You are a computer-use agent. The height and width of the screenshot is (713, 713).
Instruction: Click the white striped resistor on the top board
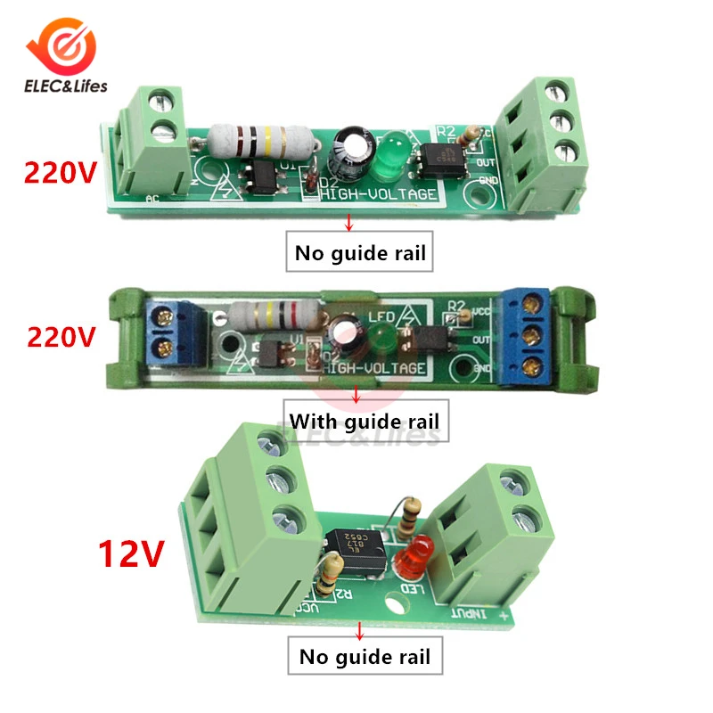pos(261,138)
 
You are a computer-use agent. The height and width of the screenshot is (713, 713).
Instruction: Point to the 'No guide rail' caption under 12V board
pos(365,658)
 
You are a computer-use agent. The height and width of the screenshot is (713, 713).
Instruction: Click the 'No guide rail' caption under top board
pos(362,253)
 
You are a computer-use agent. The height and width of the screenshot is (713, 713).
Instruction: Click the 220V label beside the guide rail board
pos(61,338)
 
